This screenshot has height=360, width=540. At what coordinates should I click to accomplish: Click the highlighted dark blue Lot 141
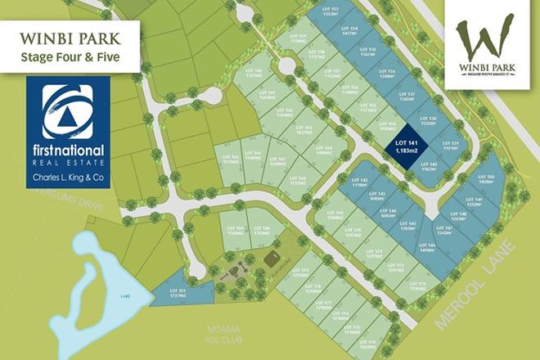(x=403, y=148)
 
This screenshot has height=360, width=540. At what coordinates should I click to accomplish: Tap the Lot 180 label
(x=263, y=230)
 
